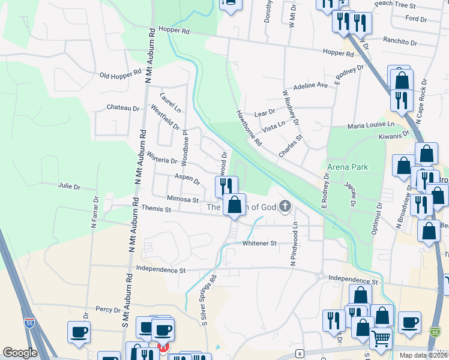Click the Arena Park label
point(347,166)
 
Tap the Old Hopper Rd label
point(120,74)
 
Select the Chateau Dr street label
point(122,108)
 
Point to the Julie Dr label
point(69,187)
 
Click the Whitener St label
point(259,244)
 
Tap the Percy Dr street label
point(108,310)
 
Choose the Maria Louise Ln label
point(371,125)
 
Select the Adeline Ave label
point(310,86)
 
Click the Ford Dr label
point(415,19)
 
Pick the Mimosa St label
point(183,199)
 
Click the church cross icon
point(285,207)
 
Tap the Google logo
point(20,353)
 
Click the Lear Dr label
point(264,112)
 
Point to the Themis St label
point(156,210)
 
